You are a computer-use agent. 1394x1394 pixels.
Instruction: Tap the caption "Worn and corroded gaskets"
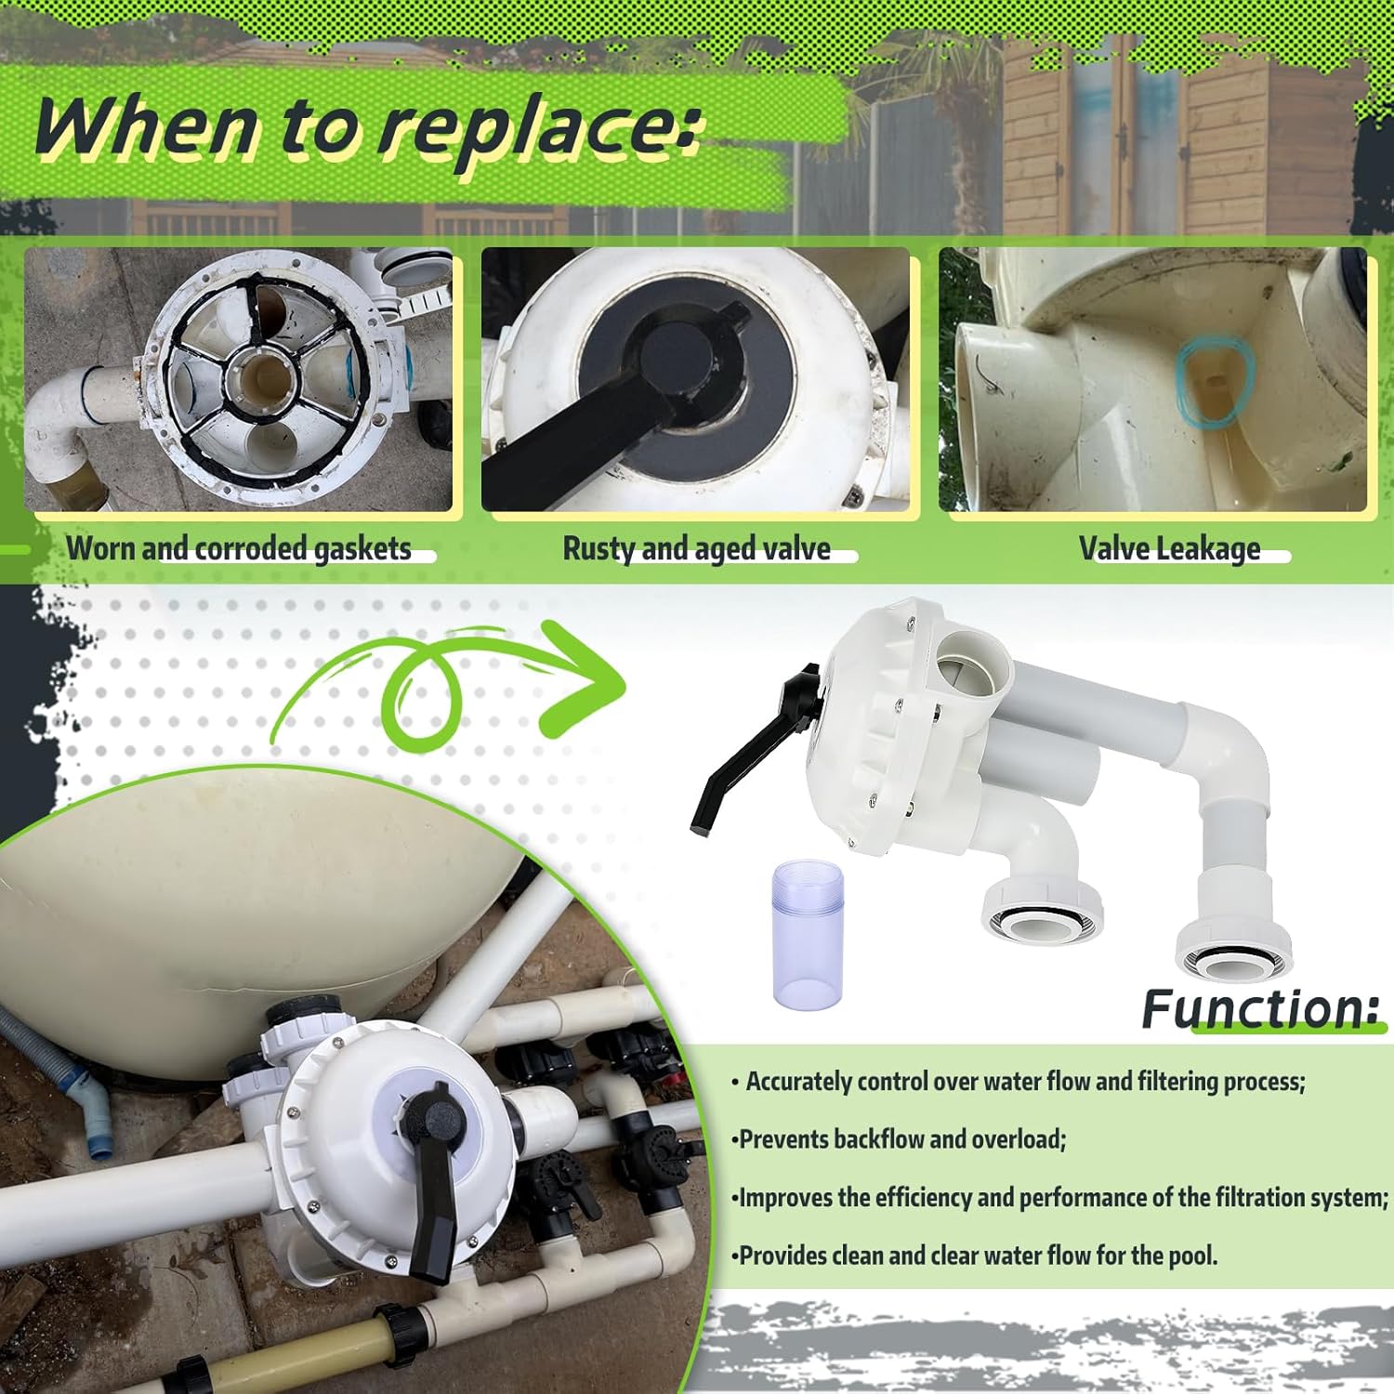coord(239,548)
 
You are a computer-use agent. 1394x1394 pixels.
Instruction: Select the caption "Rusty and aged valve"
coord(697,548)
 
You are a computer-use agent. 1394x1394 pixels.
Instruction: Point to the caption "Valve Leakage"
coord(1169,548)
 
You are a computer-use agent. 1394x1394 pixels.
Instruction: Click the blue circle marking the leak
coord(1216,381)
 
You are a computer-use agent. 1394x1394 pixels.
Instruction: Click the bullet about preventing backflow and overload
coord(899,1139)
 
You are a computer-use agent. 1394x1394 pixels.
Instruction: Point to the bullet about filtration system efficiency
coord(1059,1197)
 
